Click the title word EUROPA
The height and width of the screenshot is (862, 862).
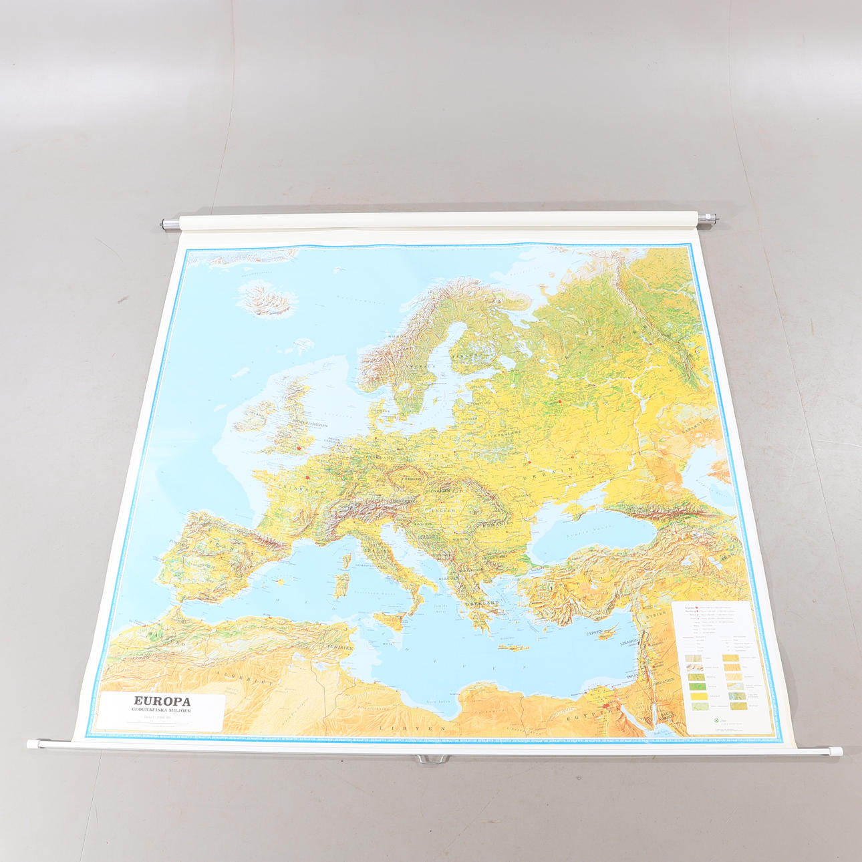click(x=162, y=702)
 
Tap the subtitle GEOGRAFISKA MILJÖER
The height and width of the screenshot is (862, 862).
click(x=162, y=710)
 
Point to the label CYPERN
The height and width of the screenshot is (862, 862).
click(x=595, y=631)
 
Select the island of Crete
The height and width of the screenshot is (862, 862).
click(x=513, y=647)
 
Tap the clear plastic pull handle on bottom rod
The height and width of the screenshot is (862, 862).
click(x=431, y=759)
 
